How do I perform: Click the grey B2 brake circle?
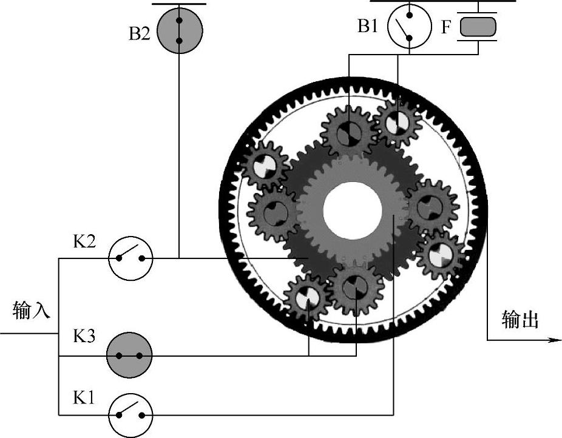point(179,31)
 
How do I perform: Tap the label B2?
point(139,34)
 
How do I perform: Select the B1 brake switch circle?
point(409,26)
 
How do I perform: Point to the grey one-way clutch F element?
point(478,27)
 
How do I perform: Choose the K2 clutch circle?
point(130,258)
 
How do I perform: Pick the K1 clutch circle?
point(130,415)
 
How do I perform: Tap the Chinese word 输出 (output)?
point(520,320)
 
